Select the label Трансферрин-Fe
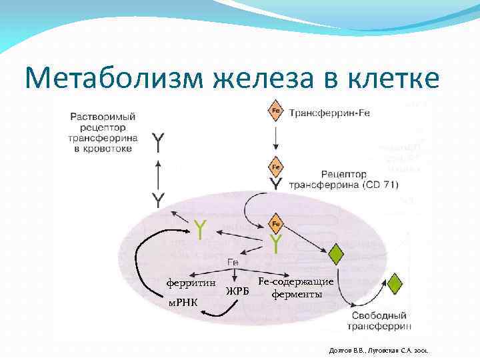(329, 113)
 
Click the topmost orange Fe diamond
(275, 110)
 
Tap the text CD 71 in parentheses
(381, 185)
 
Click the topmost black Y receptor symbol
(159, 143)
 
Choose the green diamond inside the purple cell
(337, 254)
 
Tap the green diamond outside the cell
(395, 283)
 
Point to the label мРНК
(183, 304)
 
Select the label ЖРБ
(237, 291)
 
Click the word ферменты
(296, 293)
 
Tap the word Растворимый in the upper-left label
(104, 115)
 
